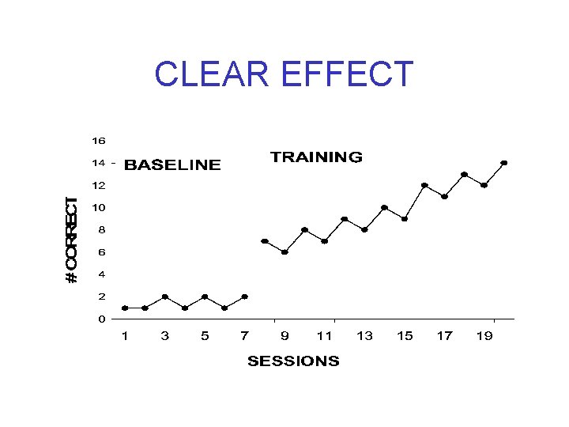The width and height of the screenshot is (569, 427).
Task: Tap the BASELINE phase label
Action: coord(173,165)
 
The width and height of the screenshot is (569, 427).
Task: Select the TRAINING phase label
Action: coord(316,157)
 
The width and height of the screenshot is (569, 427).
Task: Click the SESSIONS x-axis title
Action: coord(293,361)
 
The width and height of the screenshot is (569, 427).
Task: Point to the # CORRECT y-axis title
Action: coord(72,240)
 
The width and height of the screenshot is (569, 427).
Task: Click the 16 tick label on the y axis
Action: coord(98,141)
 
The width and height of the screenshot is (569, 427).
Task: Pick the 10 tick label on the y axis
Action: coord(98,208)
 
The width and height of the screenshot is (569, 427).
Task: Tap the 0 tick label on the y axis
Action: coord(101,319)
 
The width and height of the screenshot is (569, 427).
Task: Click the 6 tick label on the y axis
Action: coord(101,252)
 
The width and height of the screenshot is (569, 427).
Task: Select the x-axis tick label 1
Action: coord(125,336)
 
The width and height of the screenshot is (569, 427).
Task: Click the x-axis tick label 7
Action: coord(245,336)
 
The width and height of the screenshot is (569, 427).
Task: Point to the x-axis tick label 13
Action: coord(364,336)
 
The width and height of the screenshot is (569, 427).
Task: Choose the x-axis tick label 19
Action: coord(484,336)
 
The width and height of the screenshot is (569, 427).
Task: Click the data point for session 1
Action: coord(125,308)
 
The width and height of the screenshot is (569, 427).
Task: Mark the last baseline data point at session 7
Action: coord(245,297)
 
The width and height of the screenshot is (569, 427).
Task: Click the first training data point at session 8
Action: coord(265,241)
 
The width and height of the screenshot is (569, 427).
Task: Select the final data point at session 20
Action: coord(504,163)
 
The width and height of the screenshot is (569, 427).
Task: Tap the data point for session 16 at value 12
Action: coord(424,185)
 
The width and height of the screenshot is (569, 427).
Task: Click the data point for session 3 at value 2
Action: coord(165,297)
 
